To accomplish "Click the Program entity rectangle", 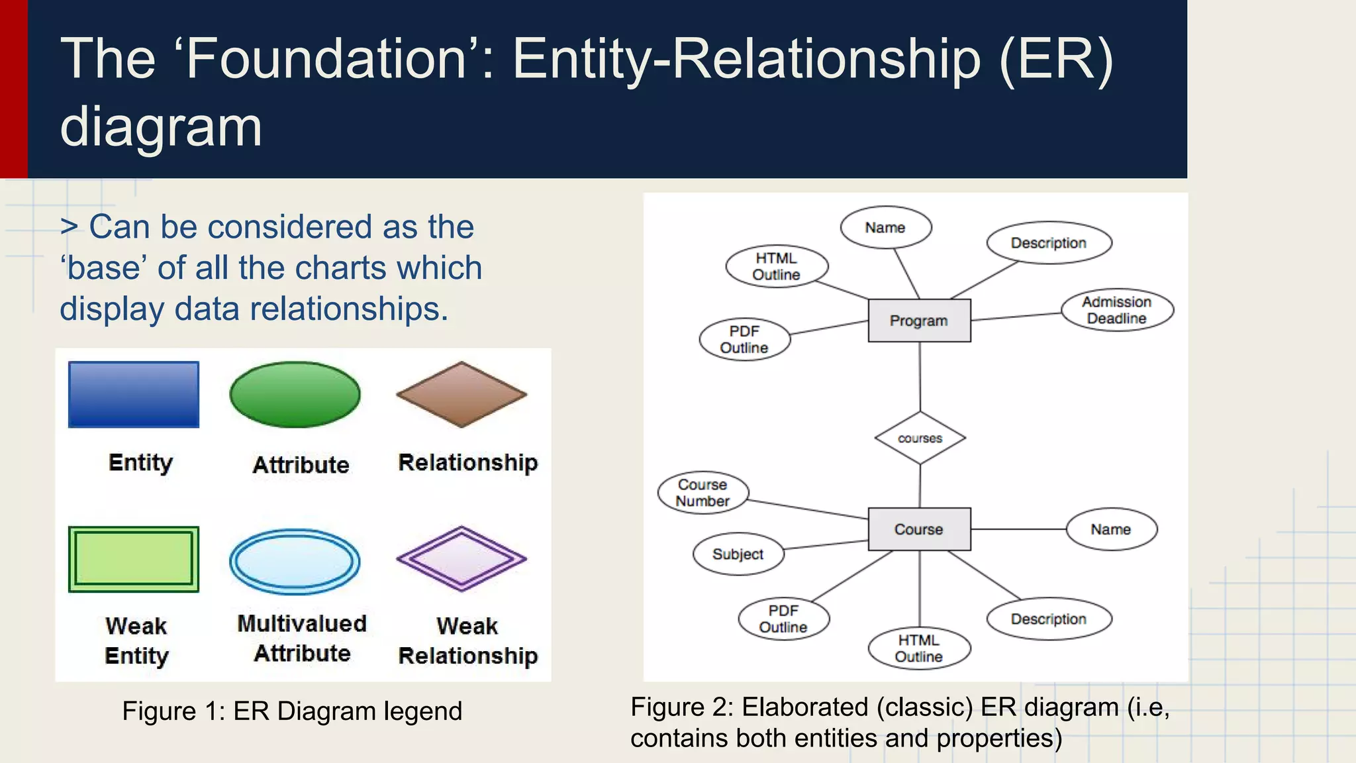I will (x=919, y=321).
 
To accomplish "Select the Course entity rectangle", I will (x=919, y=529).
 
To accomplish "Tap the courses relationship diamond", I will (x=920, y=438).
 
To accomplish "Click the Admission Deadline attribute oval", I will (x=1117, y=310).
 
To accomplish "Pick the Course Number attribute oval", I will (x=702, y=493).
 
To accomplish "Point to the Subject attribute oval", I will (x=738, y=554).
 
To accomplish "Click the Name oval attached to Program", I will (x=885, y=227).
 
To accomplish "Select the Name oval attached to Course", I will (x=1111, y=529).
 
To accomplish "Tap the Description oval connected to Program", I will (x=1048, y=243).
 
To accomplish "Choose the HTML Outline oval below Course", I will (x=919, y=648).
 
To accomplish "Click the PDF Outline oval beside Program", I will (x=744, y=339).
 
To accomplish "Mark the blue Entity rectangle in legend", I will (x=134, y=394).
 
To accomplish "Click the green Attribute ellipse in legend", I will (x=295, y=394).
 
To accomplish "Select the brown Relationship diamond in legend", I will (x=461, y=394).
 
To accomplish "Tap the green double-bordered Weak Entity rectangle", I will (x=134, y=559).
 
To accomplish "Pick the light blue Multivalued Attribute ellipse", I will (x=295, y=561).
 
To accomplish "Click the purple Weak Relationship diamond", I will (x=461, y=558).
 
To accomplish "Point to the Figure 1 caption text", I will (x=292, y=711).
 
